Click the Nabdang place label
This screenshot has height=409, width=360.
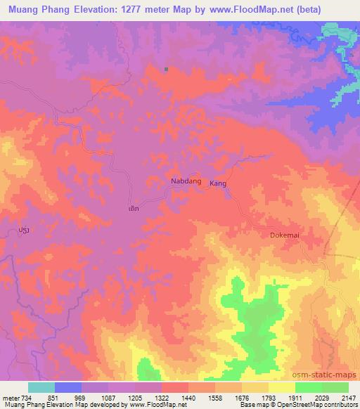click(x=186, y=181)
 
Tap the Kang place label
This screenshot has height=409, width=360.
click(x=218, y=183)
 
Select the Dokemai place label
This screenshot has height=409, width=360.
click(x=285, y=236)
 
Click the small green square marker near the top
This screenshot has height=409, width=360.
click(x=166, y=69)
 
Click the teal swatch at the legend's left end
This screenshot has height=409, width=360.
click(x=41, y=388)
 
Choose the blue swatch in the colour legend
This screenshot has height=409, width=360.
click(x=68, y=388)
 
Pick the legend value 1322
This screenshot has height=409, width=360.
click(x=160, y=398)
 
